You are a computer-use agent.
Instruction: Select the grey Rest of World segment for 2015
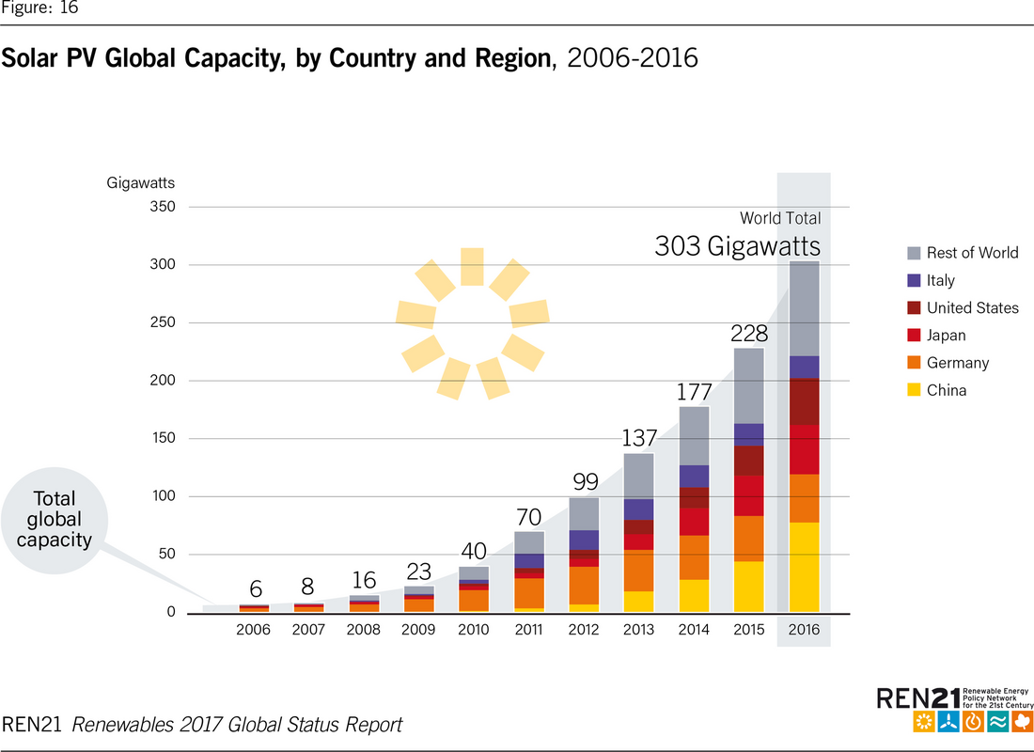(749, 385)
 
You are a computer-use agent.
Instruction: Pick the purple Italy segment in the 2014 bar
(694, 476)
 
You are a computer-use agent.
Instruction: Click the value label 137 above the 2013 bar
(639, 438)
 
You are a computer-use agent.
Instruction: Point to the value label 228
(749, 334)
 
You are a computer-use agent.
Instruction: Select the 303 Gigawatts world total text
(737, 247)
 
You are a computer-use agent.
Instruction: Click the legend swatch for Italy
(912, 280)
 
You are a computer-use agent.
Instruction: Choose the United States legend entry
(972, 307)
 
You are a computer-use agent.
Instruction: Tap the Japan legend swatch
(912, 335)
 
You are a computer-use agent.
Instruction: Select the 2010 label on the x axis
(474, 630)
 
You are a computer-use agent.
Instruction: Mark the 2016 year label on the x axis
(804, 630)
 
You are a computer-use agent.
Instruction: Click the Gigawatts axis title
(140, 183)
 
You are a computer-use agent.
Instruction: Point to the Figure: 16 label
(39, 8)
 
